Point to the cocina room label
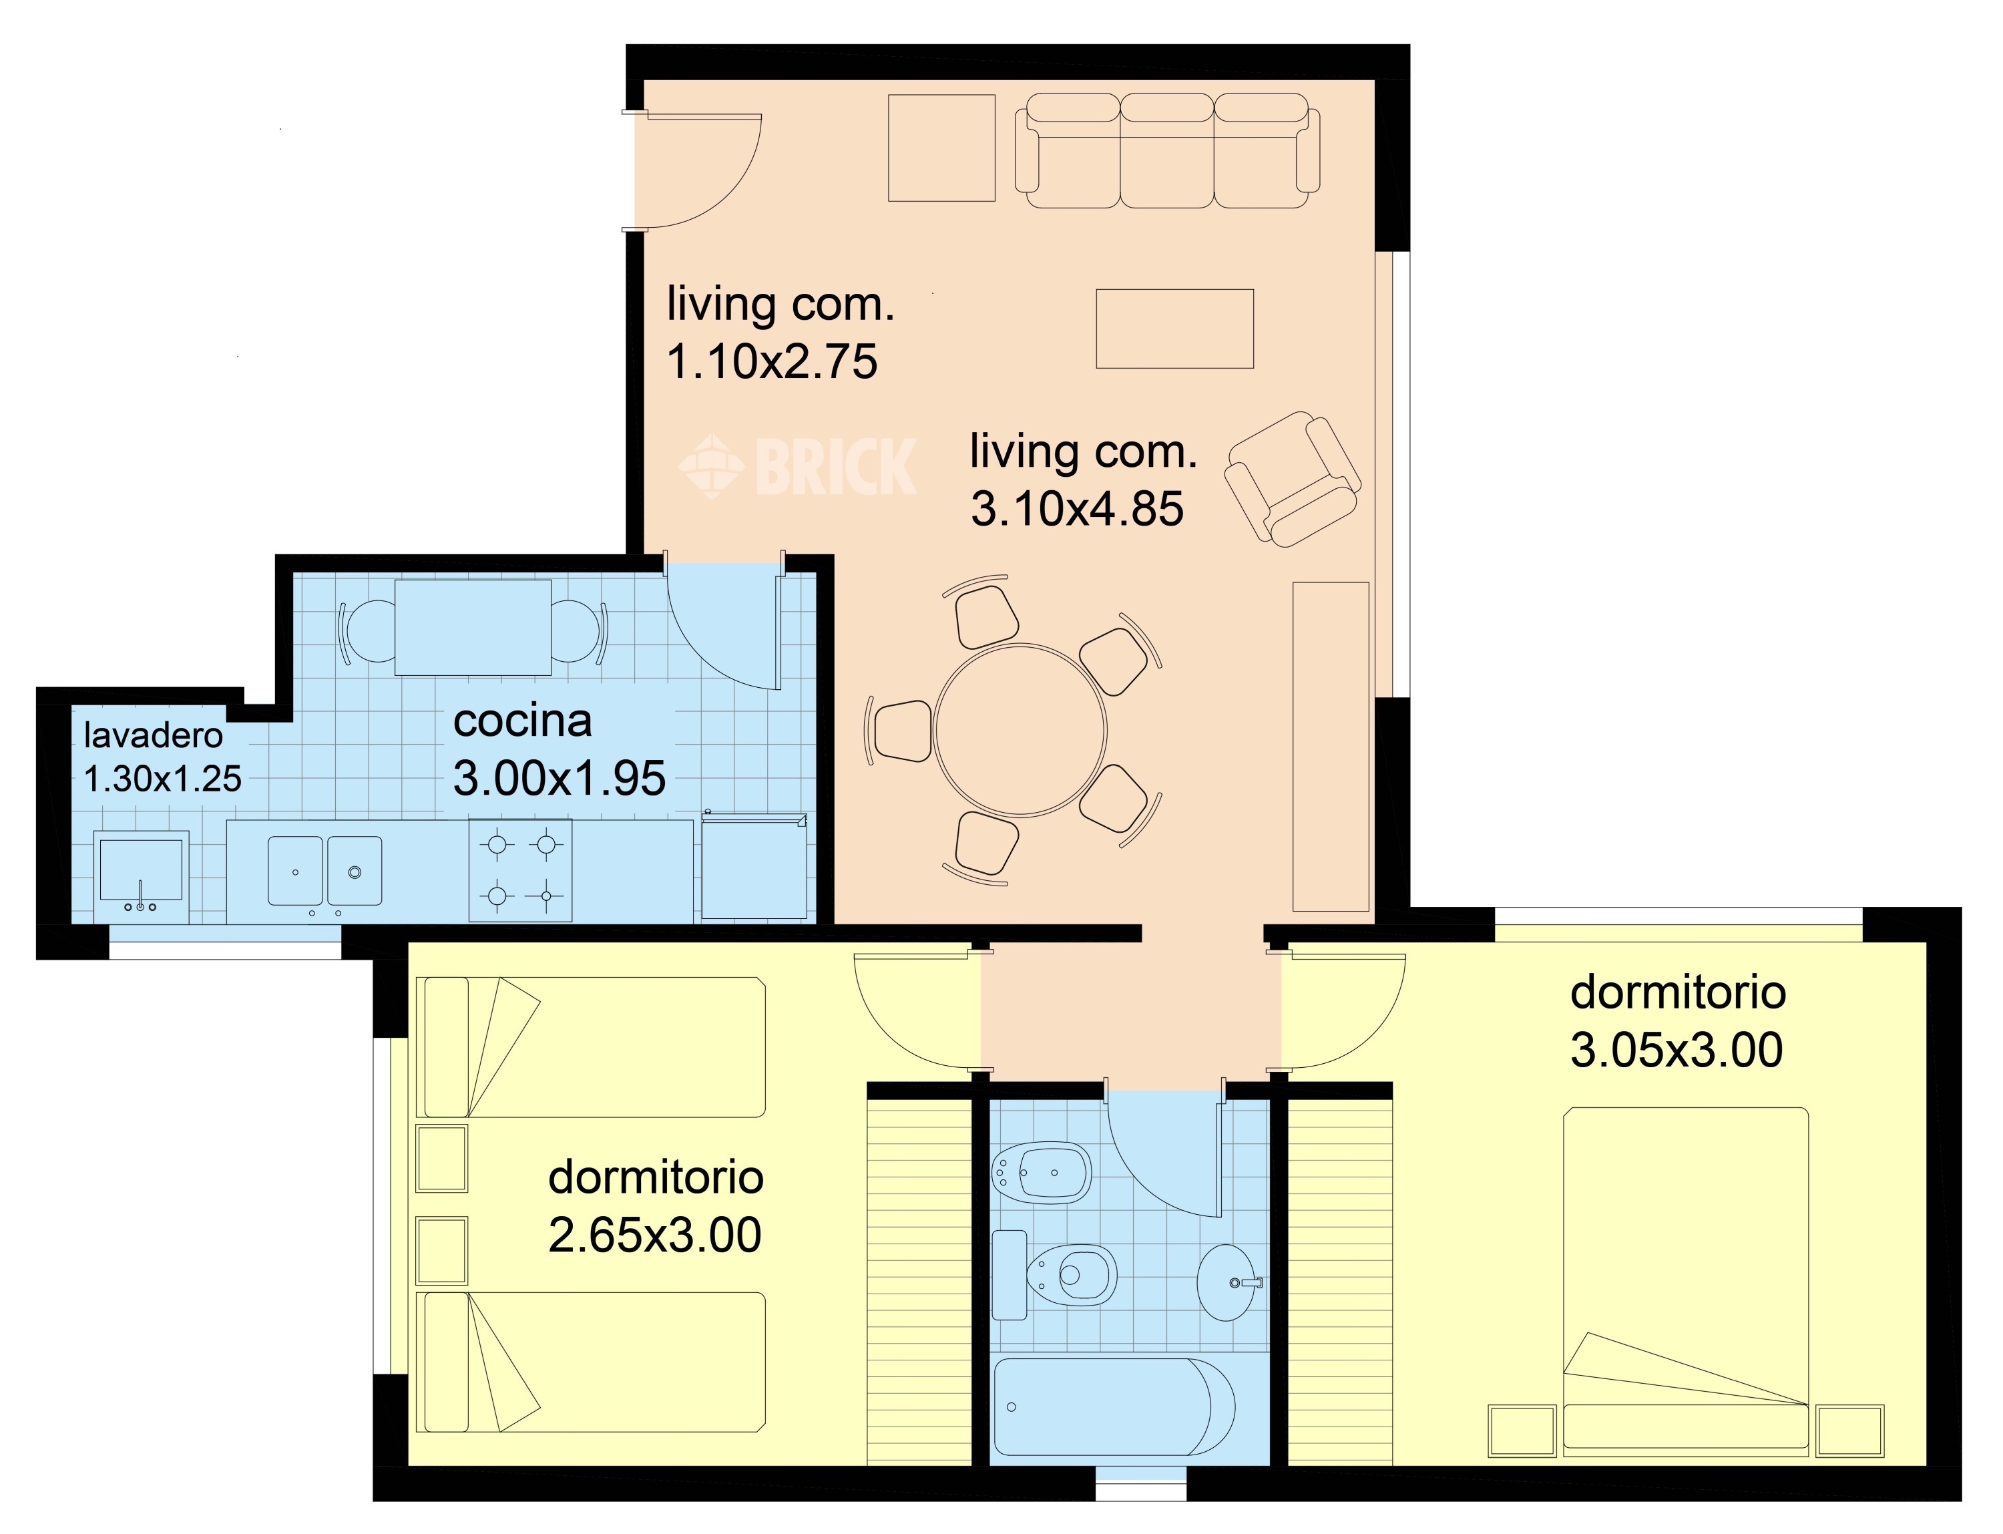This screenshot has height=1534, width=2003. click(x=522, y=721)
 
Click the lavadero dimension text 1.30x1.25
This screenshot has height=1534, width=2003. click(x=162, y=779)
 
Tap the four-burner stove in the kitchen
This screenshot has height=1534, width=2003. click(x=520, y=870)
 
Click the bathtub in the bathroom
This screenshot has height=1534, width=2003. click(x=1114, y=1408)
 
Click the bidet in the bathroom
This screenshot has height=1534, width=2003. click(x=1042, y=1174)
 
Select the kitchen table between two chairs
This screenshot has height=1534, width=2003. click(x=473, y=627)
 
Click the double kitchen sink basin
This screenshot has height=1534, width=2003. click(x=324, y=871)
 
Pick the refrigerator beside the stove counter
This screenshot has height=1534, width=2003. click(x=754, y=865)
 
